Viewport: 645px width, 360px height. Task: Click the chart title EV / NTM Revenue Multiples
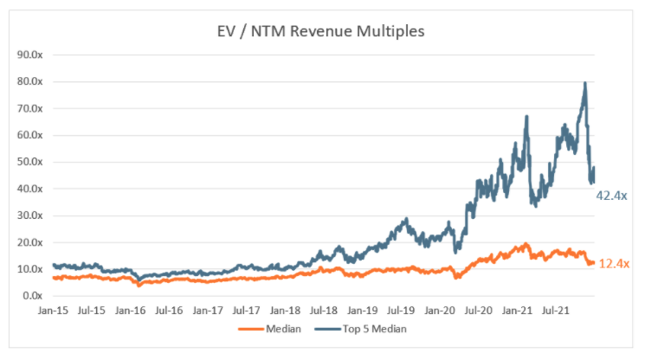tap(322, 32)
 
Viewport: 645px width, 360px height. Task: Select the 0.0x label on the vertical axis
tap(35, 296)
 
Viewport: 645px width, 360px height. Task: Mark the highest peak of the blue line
tap(586, 83)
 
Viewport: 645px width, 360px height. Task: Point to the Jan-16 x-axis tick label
tap(130, 310)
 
